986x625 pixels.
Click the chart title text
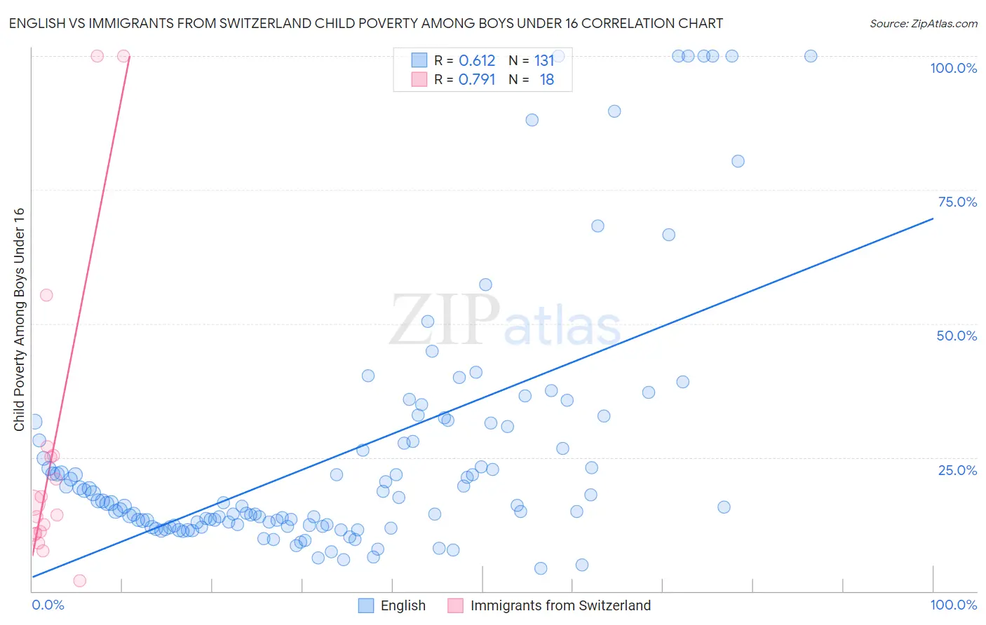tap(365, 23)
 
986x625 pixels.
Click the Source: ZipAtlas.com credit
tap(923, 23)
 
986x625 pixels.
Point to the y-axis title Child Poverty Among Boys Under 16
tap(19, 320)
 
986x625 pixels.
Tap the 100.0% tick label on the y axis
tap(953, 68)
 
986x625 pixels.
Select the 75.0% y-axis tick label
tap(957, 202)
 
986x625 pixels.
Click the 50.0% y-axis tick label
tap(957, 336)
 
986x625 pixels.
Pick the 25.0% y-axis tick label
tap(957, 469)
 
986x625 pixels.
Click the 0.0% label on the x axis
tap(48, 605)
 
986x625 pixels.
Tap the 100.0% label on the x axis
tap(953, 605)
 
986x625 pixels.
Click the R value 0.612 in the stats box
tap(477, 61)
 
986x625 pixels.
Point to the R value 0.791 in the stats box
tap(477, 80)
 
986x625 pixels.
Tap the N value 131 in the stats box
tap(544, 61)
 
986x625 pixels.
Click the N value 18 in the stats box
tap(547, 80)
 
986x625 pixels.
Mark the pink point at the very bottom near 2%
tap(80, 581)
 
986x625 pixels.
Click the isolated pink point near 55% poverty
tap(46, 295)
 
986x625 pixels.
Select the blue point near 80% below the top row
tap(738, 161)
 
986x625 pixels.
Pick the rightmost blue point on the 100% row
tap(811, 56)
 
